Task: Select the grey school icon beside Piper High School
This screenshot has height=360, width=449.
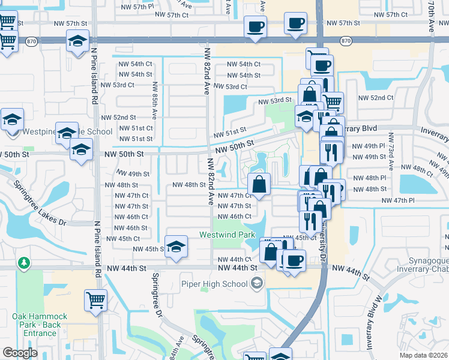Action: pos(258,283)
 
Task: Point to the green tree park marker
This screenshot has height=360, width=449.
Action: pos(23,263)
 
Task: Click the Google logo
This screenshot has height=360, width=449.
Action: pos(20,353)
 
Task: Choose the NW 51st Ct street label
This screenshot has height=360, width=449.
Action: pos(136,128)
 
